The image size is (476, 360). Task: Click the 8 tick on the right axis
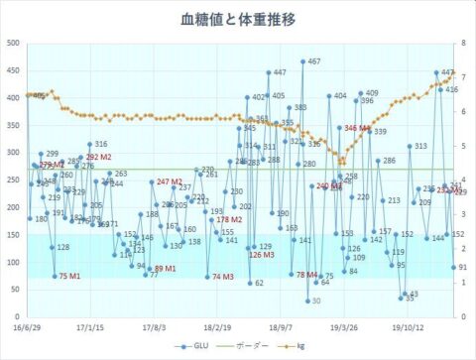click(463, 43)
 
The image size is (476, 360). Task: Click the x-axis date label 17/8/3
click(154, 323)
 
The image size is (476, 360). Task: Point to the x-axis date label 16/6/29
click(28, 323)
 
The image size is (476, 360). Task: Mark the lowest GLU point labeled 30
click(307, 300)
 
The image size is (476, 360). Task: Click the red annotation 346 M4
click(356, 129)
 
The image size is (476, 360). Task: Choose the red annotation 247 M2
click(170, 182)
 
